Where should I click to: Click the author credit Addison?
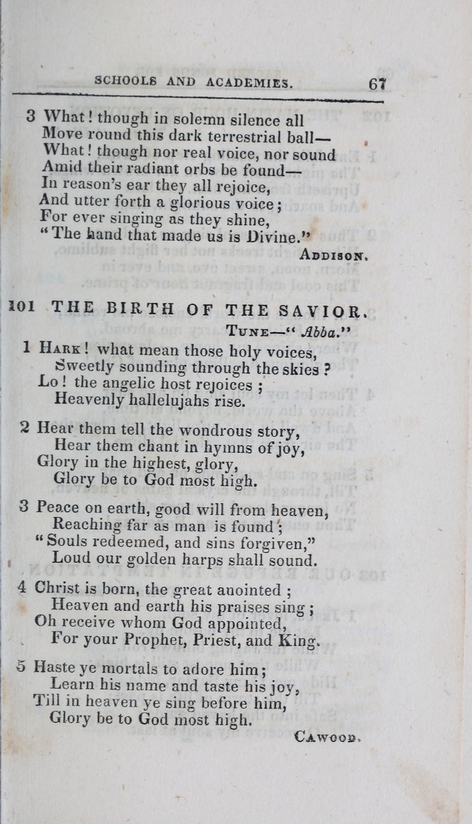pos(334,255)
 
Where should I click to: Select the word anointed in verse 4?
pos(246,589)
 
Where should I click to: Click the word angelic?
pos(122,384)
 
